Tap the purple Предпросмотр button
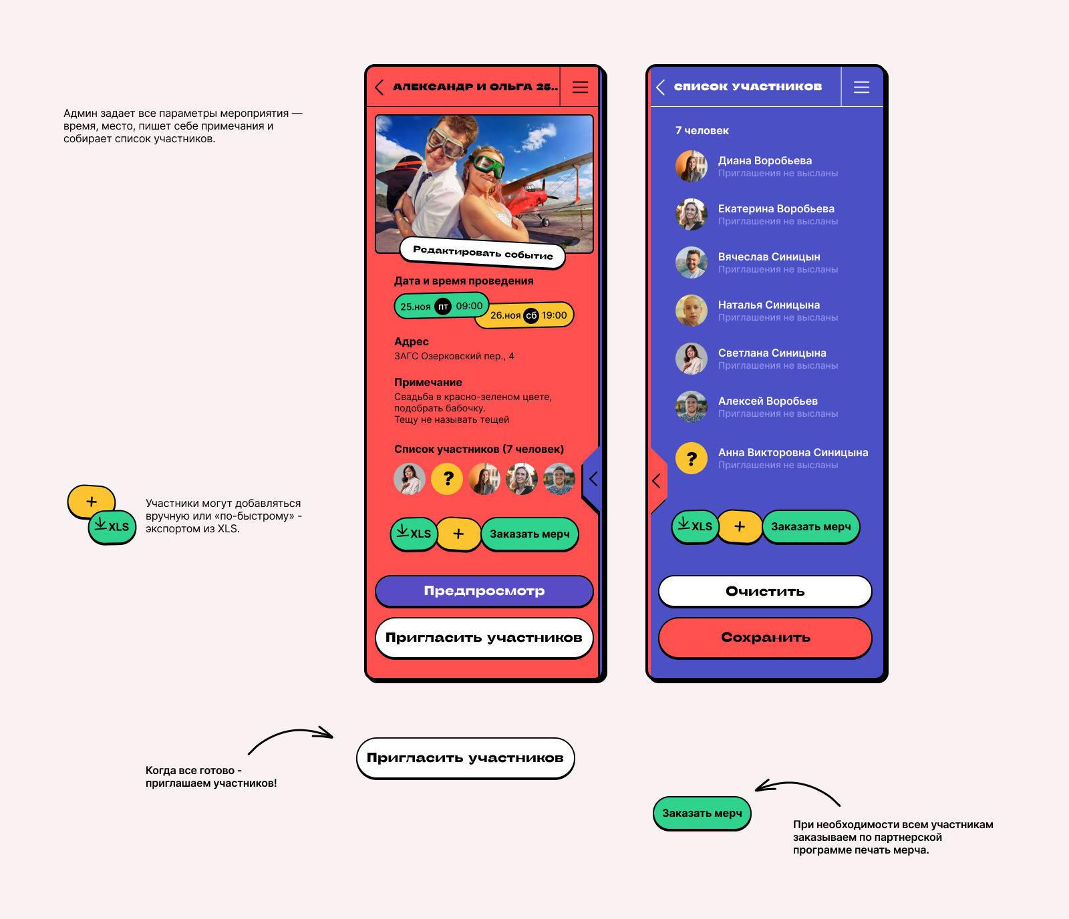pos(484,591)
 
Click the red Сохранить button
pos(766,638)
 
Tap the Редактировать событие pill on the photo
pos(482,252)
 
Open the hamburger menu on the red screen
pos(580,87)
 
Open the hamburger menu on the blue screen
pos(861,87)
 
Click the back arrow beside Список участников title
pos(660,87)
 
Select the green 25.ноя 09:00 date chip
pos(442,306)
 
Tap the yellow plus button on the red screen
pos(458,534)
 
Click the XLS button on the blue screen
pos(695,526)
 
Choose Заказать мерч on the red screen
pos(530,534)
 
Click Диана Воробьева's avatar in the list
pos(692,166)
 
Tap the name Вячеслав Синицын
pos(769,257)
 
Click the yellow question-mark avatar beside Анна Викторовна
pos(692,459)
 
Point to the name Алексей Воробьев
pos(768,401)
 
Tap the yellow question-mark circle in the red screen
pos(447,479)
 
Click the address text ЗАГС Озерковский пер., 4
pos(454,357)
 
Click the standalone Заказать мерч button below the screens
pos(702,813)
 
